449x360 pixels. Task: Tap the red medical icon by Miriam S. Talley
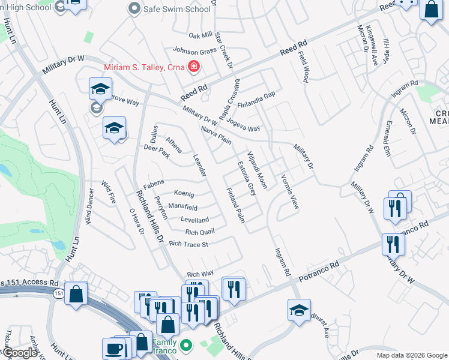[194, 66]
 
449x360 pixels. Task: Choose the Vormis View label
[289, 191]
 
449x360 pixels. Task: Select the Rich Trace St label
[188, 244]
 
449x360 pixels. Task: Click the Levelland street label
[195, 220]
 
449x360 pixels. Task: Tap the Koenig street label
[184, 194]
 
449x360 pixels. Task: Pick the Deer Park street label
[157, 151]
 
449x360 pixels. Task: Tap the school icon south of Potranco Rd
[299, 310]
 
